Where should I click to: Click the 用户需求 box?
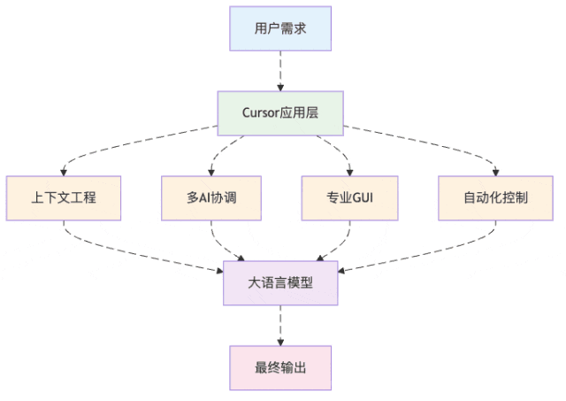coord(280,28)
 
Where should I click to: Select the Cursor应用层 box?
coord(280,113)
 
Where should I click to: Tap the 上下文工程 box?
coord(63,197)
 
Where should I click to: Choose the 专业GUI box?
coord(349,197)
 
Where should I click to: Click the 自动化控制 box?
coord(495,197)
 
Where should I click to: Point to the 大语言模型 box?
coord(280,283)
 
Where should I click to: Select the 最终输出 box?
coord(280,367)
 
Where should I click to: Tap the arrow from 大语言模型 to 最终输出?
coord(280,325)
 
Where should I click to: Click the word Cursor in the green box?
coord(263,113)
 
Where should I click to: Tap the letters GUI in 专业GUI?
coord(363,197)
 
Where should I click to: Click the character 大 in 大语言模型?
coord(254,283)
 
